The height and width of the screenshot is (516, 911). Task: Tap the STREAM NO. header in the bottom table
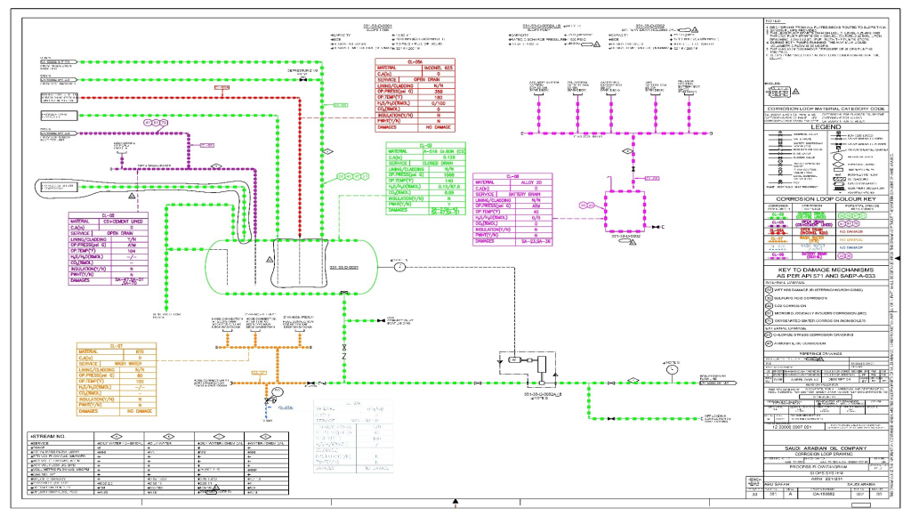tap(49, 436)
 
